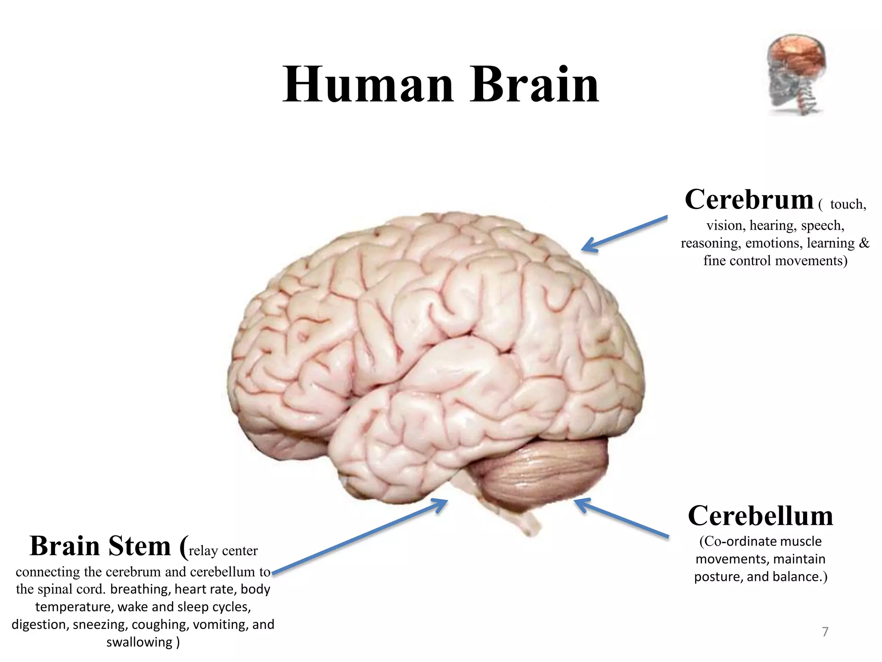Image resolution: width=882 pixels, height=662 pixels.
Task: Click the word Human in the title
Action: [368, 85]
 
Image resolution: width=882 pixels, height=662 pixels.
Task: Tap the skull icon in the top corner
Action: [797, 74]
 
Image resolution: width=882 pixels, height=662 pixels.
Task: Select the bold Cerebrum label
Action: [749, 200]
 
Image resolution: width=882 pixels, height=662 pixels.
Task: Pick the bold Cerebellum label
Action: [760, 516]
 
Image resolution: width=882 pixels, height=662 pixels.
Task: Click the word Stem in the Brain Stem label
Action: [140, 546]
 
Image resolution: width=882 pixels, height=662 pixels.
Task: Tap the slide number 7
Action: [825, 632]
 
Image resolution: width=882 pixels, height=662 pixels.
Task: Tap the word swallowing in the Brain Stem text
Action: [139, 642]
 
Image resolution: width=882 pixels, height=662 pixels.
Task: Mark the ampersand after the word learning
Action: [864, 244]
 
